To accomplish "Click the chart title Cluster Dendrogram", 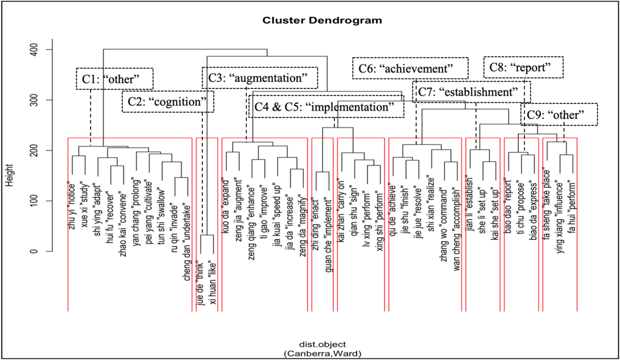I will tap(322, 21).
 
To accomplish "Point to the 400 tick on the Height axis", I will tap(34, 50).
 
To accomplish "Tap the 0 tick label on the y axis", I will tap(34, 251).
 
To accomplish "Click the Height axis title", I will tap(10, 175).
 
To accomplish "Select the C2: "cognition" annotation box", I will tap(168, 102).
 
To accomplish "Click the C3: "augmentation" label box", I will tap(259, 78).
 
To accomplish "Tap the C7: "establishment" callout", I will tap(471, 92).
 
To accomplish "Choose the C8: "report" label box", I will tap(523, 67).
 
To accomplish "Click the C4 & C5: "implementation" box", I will tap(326, 107).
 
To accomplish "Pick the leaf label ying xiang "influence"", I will tap(560, 218).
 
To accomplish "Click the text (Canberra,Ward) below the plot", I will tap(322, 353).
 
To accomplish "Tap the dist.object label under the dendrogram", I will tap(322, 344).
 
